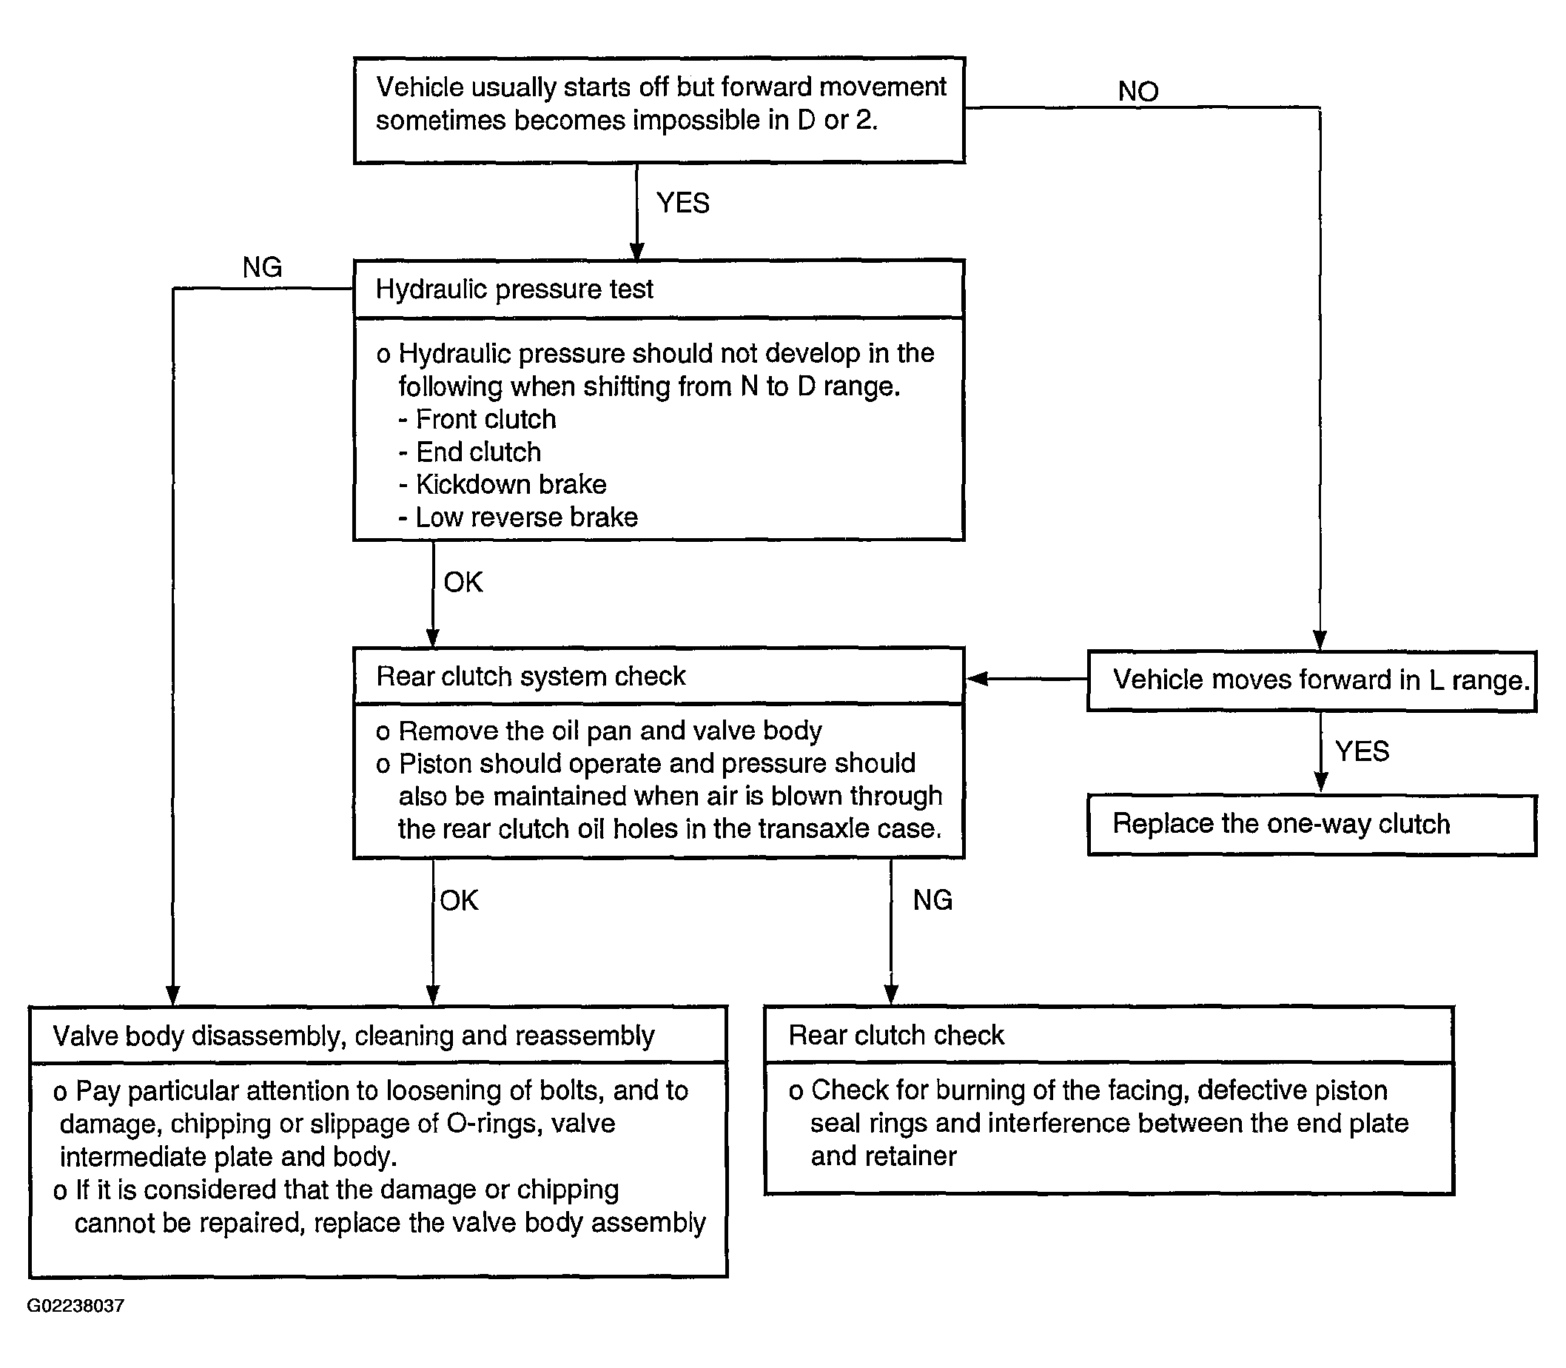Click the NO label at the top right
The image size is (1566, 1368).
coord(1138,91)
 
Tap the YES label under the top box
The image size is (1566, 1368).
coord(683,203)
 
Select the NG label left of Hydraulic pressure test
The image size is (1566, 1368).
coord(262,267)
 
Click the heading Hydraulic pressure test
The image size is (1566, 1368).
coord(514,289)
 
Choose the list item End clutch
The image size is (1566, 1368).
coord(470,452)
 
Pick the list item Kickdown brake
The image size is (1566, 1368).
coord(503,484)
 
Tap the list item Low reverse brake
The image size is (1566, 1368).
coord(518,517)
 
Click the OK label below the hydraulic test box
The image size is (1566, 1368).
coord(463,583)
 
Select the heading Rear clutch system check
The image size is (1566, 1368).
coord(531,677)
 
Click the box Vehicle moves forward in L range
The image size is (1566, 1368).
coord(1312,681)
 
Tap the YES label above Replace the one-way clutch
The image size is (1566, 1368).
coord(1362,751)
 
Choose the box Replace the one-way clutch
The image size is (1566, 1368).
coord(1312,825)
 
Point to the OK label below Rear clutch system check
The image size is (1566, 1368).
coord(460,901)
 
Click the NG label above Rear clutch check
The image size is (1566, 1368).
coord(932,901)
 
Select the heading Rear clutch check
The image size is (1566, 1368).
coord(897,1035)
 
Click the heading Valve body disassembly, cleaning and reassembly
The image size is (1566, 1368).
coord(353,1036)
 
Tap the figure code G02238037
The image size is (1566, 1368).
coord(75,1306)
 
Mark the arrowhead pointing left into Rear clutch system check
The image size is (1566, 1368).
coord(978,679)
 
